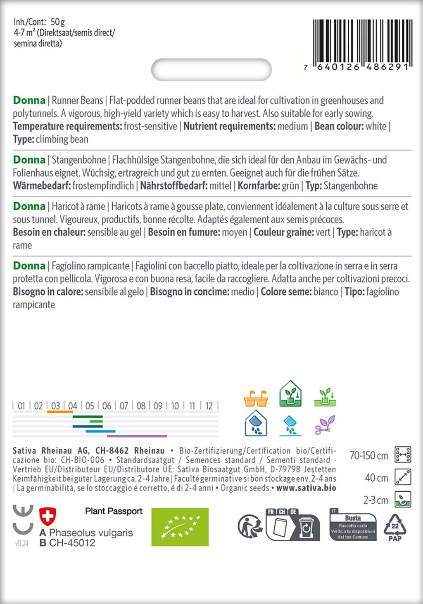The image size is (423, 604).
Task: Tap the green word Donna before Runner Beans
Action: [x=29, y=100]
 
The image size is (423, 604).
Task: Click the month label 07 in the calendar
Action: [x=124, y=406]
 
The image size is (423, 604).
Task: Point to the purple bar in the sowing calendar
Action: [x=137, y=436]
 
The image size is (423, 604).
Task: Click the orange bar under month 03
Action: [x=60, y=412]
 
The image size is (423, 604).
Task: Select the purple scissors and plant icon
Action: [x=325, y=425]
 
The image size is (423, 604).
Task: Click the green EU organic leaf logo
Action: [x=180, y=527]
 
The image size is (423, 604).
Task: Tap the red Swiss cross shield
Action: [x=47, y=516]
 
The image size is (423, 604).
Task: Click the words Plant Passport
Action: [x=114, y=511]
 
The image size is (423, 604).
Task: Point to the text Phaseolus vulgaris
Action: [x=91, y=533]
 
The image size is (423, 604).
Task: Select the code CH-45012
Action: [x=72, y=543]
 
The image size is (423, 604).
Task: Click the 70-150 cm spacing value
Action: [x=368, y=455]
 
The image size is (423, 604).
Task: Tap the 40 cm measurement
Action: [x=376, y=478]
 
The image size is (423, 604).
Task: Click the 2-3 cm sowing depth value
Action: [x=375, y=500]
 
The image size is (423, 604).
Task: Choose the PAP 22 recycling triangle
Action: [x=395, y=527]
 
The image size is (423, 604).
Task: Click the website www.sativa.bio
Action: [x=306, y=488]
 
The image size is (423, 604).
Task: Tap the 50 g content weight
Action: [x=58, y=22]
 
